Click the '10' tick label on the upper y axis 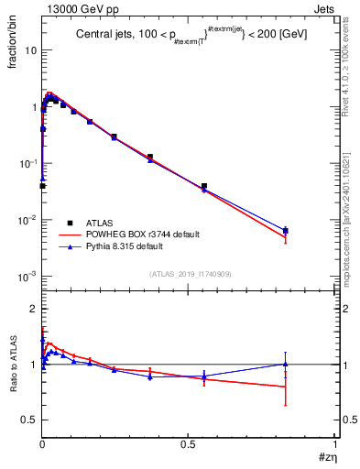click(30, 51)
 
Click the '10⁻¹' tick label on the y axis click(27, 164)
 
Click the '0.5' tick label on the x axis click(188, 443)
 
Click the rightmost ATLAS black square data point click(286, 231)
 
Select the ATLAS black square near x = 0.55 click(204, 186)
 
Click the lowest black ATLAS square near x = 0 click(42, 186)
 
